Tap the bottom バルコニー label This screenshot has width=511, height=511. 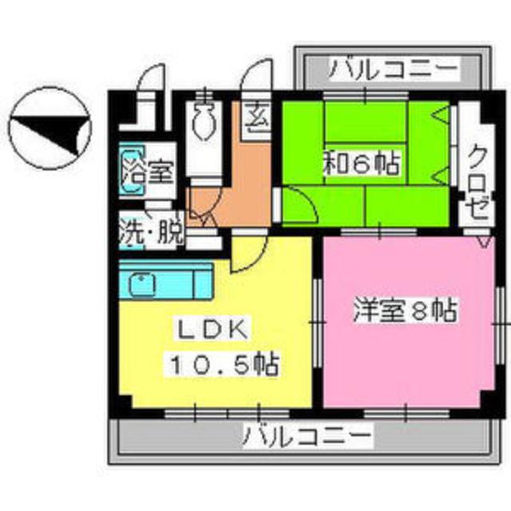pyautogui.click(x=307, y=437)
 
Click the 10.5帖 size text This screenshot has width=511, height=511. pyautogui.click(x=222, y=366)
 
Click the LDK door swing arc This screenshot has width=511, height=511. pyautogui.click(x=244, y=255)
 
